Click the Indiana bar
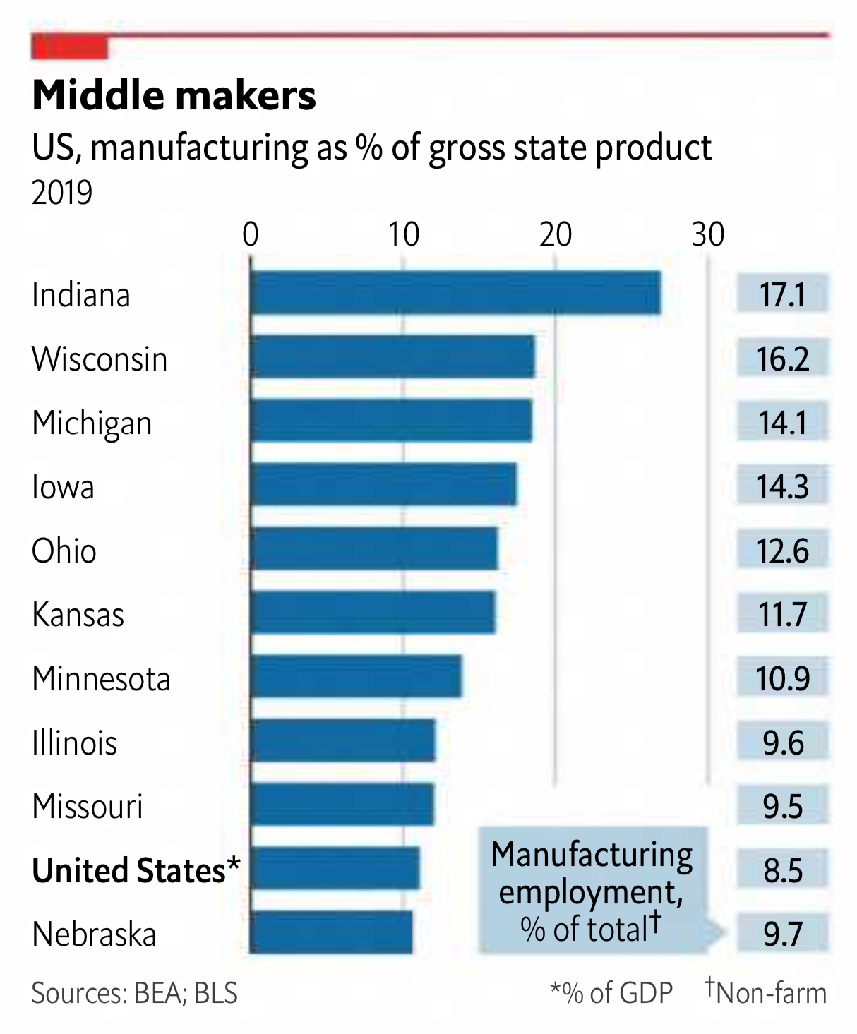(455, 293)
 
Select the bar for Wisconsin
(392, 357)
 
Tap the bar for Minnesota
(356, 677)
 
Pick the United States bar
(335, 868)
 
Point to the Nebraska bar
(331, 932)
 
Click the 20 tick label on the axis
(555, 234)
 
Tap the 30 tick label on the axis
(707, 234)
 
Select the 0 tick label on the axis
(251, 234)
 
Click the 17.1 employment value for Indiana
(782, 294)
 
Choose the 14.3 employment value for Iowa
(782, 486)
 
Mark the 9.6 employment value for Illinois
(782, 742)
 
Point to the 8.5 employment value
(782, 870)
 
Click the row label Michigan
(92, 423)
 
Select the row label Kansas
(78, 614)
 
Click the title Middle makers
(174, 95)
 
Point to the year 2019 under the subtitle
(62, 192)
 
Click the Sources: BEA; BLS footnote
(134, 993)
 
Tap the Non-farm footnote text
(769, 992)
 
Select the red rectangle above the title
(69, 48)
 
